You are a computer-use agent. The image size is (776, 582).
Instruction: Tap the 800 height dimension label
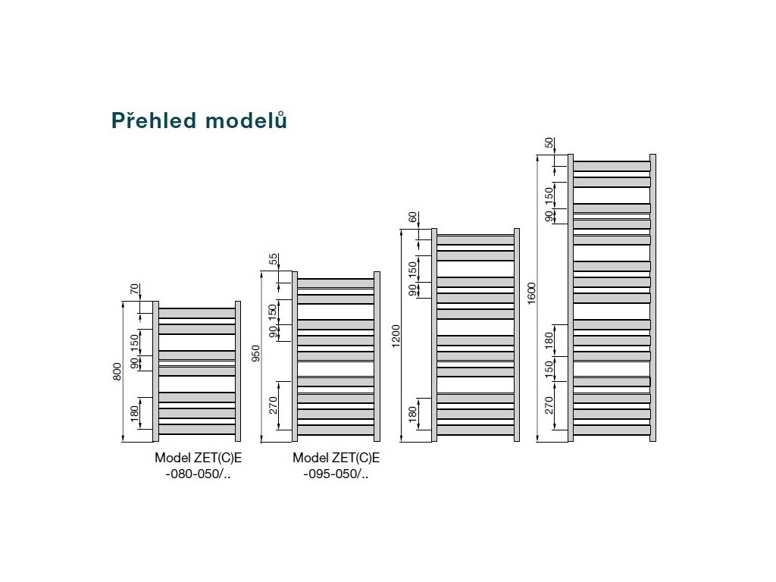117,371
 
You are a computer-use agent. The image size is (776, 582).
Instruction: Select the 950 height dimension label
256,355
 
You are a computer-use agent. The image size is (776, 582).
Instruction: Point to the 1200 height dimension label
395,336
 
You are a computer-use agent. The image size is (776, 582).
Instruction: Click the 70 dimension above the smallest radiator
136,289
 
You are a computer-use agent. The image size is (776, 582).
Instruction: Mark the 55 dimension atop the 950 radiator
274,259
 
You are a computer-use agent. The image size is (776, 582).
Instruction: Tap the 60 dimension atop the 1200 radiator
413,217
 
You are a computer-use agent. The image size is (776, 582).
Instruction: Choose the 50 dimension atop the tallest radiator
549,143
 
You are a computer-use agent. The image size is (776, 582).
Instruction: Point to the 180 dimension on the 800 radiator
136,413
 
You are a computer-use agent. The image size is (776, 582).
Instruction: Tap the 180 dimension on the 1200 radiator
413,415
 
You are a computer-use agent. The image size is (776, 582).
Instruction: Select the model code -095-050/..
335,474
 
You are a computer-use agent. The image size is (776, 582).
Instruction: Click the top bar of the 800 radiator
197,312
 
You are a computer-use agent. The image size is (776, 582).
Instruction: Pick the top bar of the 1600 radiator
612,166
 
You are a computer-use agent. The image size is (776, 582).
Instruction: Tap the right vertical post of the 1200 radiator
517,334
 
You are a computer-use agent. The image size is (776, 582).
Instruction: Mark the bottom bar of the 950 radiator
336,430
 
